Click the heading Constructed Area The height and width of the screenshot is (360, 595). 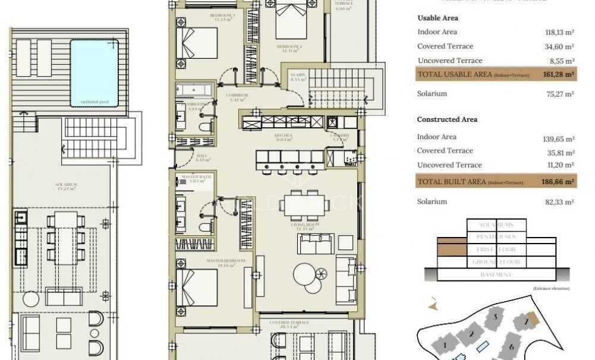[447, 119]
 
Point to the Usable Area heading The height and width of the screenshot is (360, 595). [437, 18]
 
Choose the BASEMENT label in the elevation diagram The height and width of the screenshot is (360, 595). [496, 274]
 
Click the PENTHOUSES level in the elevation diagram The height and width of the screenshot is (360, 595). [496, 236]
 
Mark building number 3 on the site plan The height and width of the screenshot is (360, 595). [494, 317]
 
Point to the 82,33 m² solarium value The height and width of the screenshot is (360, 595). [561, 202]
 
